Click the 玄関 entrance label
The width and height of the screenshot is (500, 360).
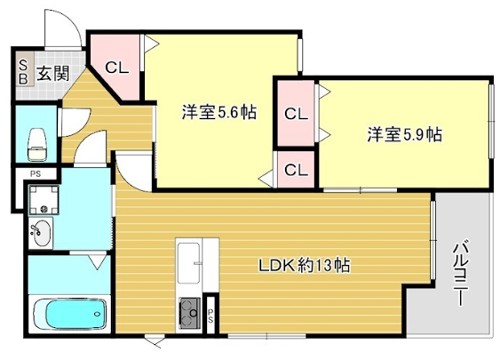[53, 72]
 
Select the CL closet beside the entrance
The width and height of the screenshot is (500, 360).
[116, 69]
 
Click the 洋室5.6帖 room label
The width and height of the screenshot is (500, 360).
[218, 112]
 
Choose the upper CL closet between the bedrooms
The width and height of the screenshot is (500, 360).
[296, 113]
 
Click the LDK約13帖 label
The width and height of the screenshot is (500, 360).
[305, 267]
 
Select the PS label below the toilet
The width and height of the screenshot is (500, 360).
[34, 176]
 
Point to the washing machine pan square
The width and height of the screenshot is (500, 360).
[46, 201]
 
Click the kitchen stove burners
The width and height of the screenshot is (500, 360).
[188, 313]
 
